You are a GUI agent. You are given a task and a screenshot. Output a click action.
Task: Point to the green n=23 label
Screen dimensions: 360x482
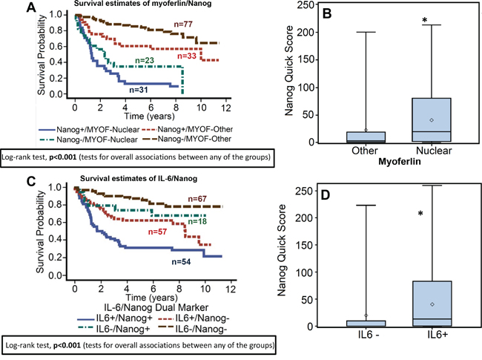[145, 59]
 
